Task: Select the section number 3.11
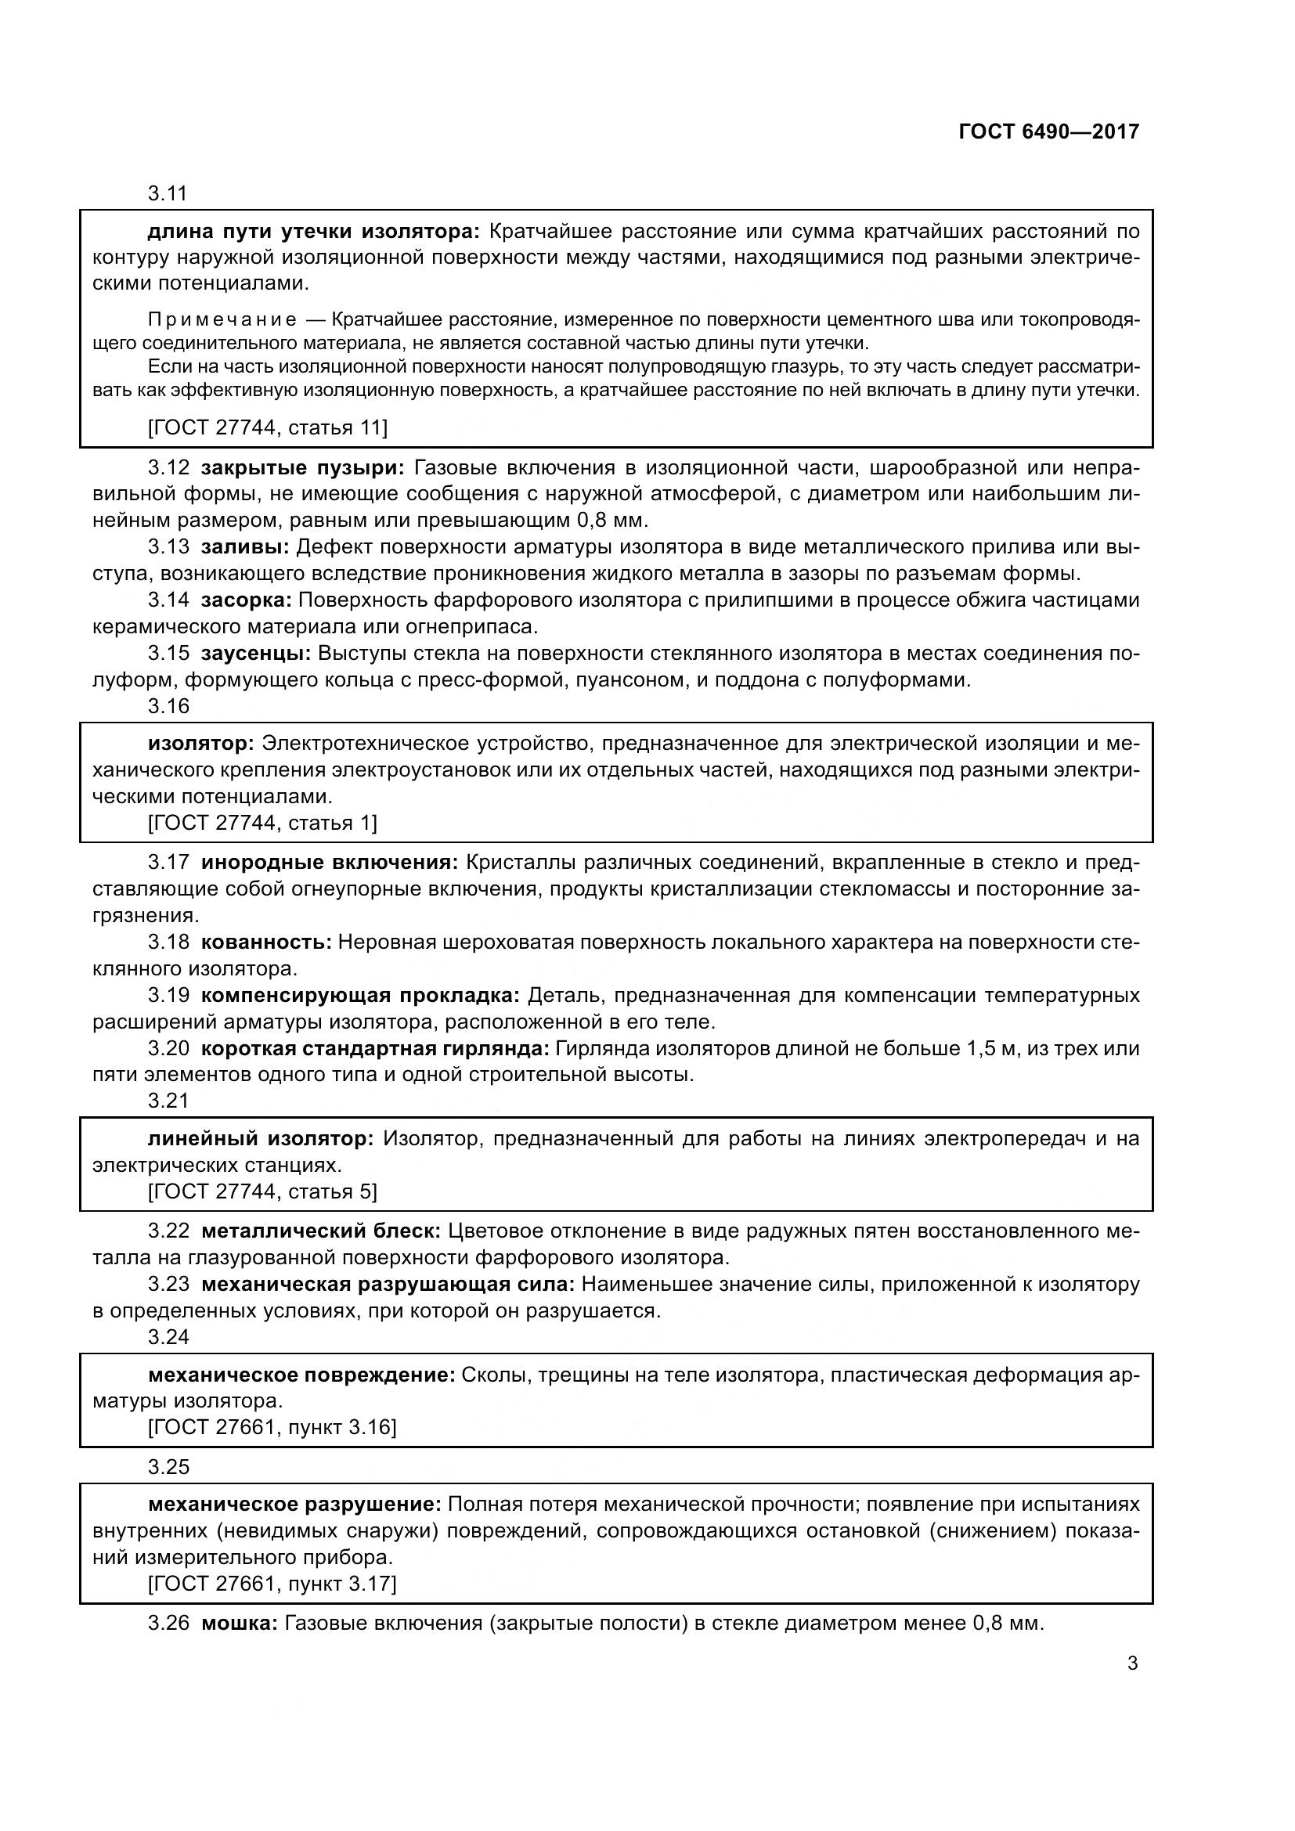click(x=167, y=193)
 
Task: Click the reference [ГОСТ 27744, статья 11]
click(x=268, y=428)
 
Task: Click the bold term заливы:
click(x=245, y=547)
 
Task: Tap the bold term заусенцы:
click(x=255, y=653)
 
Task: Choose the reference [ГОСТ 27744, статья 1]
click(x=262, y=822)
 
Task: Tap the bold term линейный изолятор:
click(x=261, y=1138)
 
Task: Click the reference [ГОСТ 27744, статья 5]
click(x=262, y=1191)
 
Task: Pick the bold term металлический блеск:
click(x=320, y=1231)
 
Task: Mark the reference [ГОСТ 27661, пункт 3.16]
click(x=272, y=1427)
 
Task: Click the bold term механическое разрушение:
click(x=294, y=1505)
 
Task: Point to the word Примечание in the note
click(x=222, y=321)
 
